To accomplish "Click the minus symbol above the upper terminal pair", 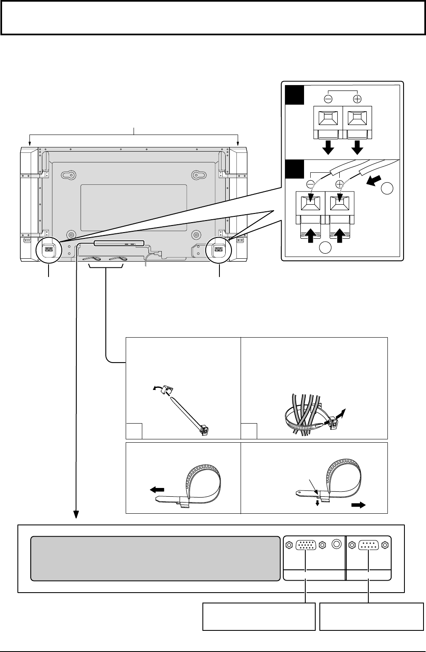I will (327, 99).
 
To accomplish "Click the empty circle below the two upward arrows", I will (326, 249).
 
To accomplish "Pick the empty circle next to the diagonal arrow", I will (387, 189).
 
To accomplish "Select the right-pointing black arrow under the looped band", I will (358, 505).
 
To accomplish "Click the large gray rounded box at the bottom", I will (156, 559).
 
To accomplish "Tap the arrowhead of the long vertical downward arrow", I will (77, 515).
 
